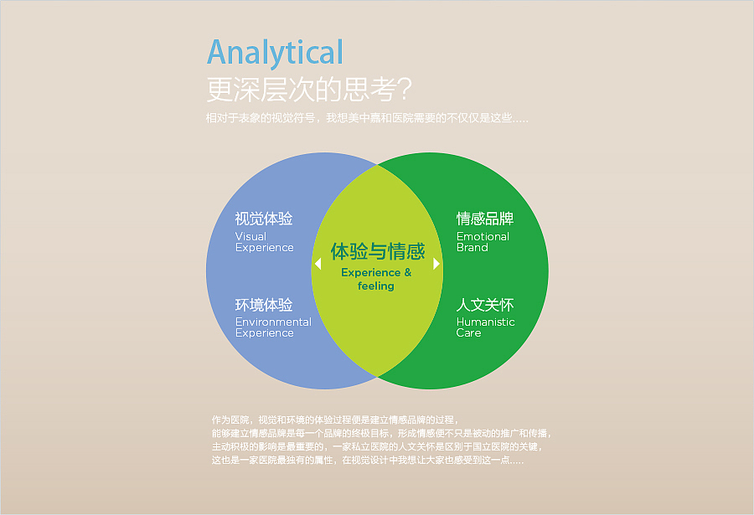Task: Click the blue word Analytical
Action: tap(275, 53)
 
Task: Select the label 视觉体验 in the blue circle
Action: tap(264, 219)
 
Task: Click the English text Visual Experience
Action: tap(264, 242)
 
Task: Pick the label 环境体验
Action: tap(264, 305)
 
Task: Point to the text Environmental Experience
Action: tap(272, 327)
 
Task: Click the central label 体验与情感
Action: tap(377, 251)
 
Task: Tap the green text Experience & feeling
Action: tap(376, 279)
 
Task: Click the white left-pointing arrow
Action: tap(318, 264)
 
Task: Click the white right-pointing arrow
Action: tap(436, 264)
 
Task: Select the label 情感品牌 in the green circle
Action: tap(485, 219)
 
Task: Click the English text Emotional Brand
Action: tap(483, 242)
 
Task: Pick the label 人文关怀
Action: tap(485, 305)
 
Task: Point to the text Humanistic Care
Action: tap(485, 327)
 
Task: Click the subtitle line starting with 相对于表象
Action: tap(367, 118)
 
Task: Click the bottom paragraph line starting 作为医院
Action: tap(333, 419)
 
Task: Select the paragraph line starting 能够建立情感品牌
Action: tap(381, 433)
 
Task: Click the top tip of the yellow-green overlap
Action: tap(377, 167)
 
